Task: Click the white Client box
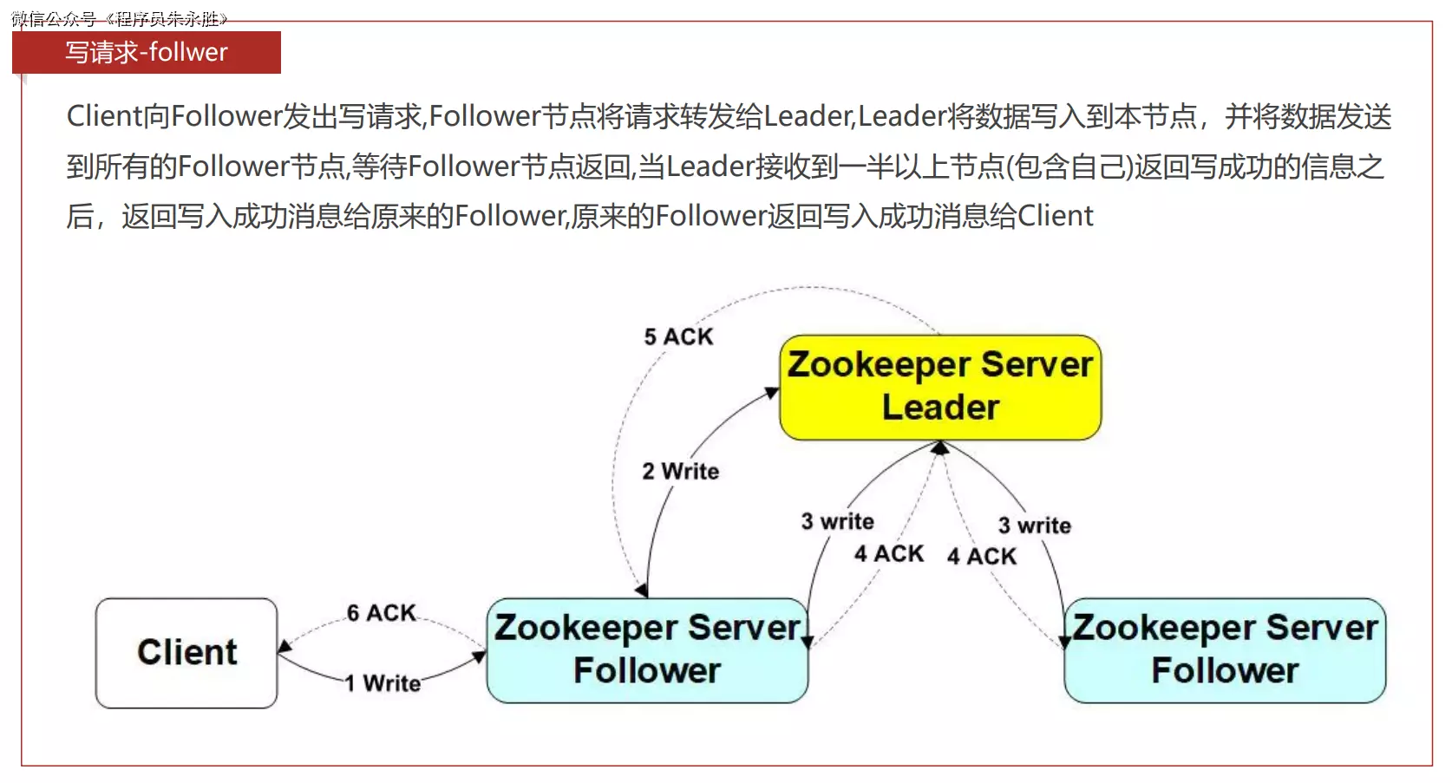point(186,652)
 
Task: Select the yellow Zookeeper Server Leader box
point(940,387)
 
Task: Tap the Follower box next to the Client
point(647,650)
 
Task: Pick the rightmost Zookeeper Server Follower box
point(1225,650)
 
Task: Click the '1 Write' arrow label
point(383,683)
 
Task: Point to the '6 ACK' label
point(382,613)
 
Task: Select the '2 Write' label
point(681,471)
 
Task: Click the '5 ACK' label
point(678,336)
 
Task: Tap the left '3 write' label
point(837,521)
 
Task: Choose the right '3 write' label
point(1034,525)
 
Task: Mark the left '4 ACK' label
point(889,553)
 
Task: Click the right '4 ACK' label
point(981,556)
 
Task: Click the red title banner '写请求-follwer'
point(147,52)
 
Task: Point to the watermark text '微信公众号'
point(54,19)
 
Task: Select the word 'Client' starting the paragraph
point(104,116)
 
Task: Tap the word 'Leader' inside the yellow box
point(940,408)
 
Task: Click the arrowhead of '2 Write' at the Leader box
point(771,394)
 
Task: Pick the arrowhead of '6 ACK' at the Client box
point(284,647)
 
